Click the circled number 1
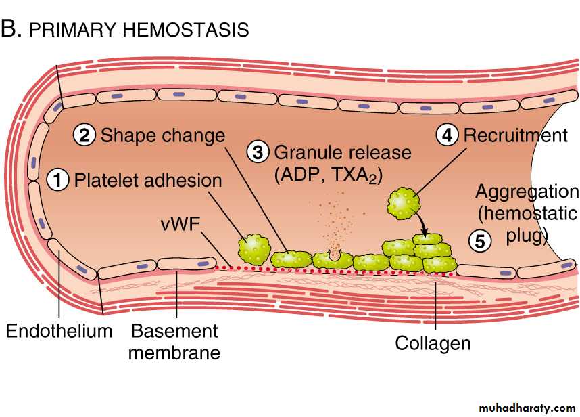point(59,181)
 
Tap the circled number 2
point(84,135)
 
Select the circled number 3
point(258,152)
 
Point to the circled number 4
point(448,135)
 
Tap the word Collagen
point(433,343)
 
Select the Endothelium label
point(59,332)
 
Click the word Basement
point(174,332)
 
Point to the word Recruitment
point(515,135)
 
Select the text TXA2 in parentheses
point(356,175)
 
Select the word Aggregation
point(527,192)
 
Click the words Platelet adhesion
point(148,181)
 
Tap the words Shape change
point(162,135)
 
